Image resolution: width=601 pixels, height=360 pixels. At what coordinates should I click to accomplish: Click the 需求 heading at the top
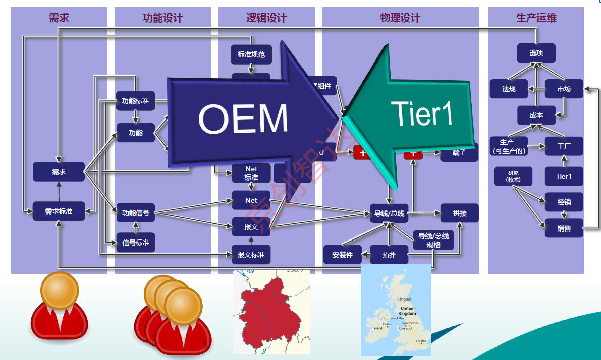point(59,18)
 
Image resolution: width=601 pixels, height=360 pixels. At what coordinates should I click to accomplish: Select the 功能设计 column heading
point(162,18)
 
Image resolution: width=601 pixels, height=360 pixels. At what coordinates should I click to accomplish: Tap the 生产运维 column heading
point(536,18)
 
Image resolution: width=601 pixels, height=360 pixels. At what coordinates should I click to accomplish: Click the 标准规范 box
point(251,54)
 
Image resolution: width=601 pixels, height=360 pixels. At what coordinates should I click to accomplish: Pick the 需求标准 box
point(59,211)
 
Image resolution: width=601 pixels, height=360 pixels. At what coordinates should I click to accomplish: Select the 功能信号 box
point(136,213)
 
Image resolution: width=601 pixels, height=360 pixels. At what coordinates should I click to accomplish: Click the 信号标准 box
point(136,242)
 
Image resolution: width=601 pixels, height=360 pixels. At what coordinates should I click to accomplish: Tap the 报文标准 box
point(251,254)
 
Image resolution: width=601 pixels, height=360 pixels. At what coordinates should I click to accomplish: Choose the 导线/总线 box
point(389,213)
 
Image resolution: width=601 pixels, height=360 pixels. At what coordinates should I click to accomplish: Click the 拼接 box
point(459,213)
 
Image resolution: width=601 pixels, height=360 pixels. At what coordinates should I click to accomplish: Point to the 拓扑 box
point(389,255)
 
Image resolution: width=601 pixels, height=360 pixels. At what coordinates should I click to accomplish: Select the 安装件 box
point(343,255)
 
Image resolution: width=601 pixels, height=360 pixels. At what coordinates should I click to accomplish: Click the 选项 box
point(536,53)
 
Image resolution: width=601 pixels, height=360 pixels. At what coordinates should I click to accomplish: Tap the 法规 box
point(509,89)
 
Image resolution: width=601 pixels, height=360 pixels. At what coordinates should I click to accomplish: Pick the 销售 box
point(564,228)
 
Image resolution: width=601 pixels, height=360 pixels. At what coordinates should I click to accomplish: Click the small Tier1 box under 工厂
point(564,176)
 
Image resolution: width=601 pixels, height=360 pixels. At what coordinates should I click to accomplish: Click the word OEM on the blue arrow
point(243,119)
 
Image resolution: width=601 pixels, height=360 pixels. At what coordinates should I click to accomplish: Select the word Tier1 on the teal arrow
point(422,113)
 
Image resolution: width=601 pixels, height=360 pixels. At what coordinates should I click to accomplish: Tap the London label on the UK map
point(421,341)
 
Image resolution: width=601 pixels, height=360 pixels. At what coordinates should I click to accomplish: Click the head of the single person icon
point(60,290)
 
